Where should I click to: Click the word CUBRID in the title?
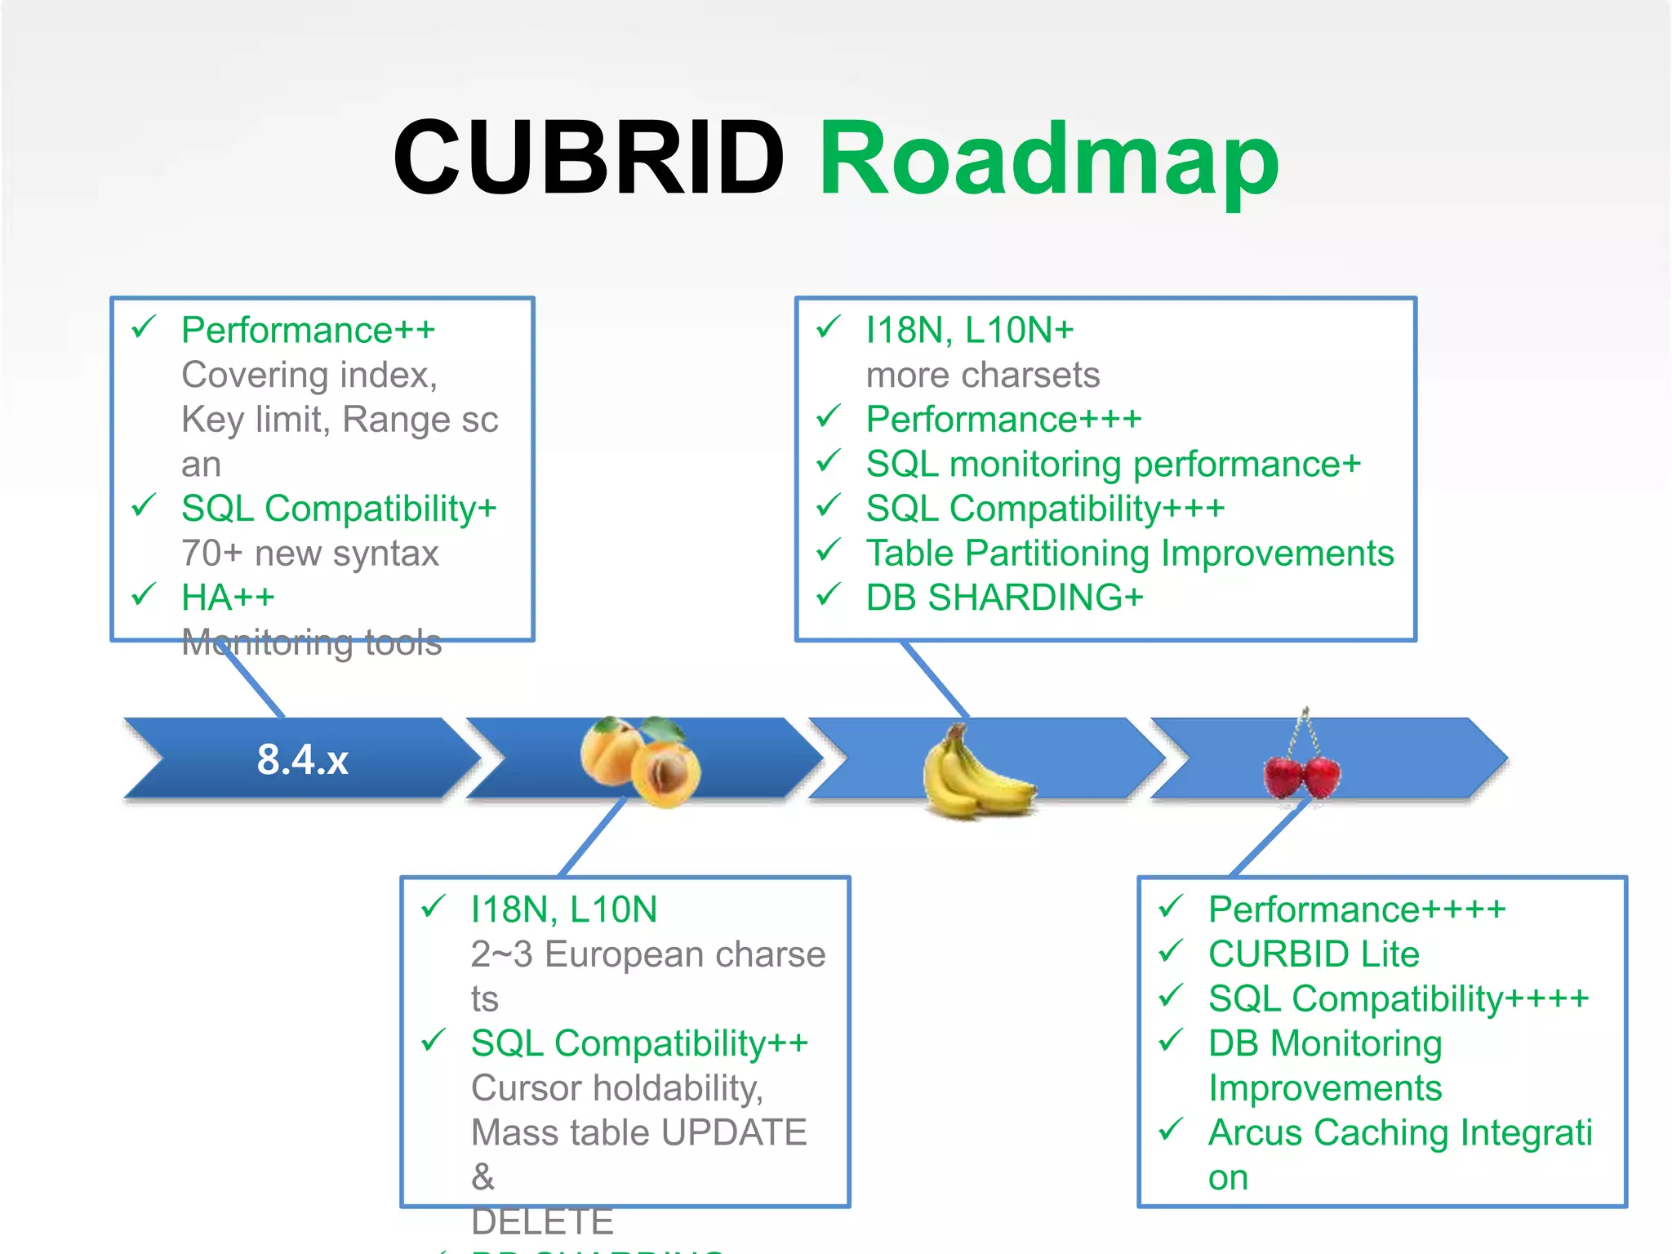coord(588,158)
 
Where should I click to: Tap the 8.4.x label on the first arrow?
coord(302,759)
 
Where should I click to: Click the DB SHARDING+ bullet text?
coord(1004,598)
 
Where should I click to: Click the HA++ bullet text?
coord(228,598)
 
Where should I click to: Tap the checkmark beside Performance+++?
coord(828,417)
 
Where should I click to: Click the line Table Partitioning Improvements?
coord(1129,553)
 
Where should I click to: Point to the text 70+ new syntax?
coord(309,553)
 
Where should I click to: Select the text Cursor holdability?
coord(616,1087)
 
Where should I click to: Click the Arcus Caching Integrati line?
coord(1399,1132)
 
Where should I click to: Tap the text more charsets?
coord(982,375)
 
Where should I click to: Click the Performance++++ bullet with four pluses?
coord(1356,909)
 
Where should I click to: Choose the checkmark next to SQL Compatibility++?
coord(434,1041)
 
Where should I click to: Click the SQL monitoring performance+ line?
coord(1113,464)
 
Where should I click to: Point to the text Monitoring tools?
coord(311,643)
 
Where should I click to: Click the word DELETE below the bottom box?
coord(542,1221)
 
